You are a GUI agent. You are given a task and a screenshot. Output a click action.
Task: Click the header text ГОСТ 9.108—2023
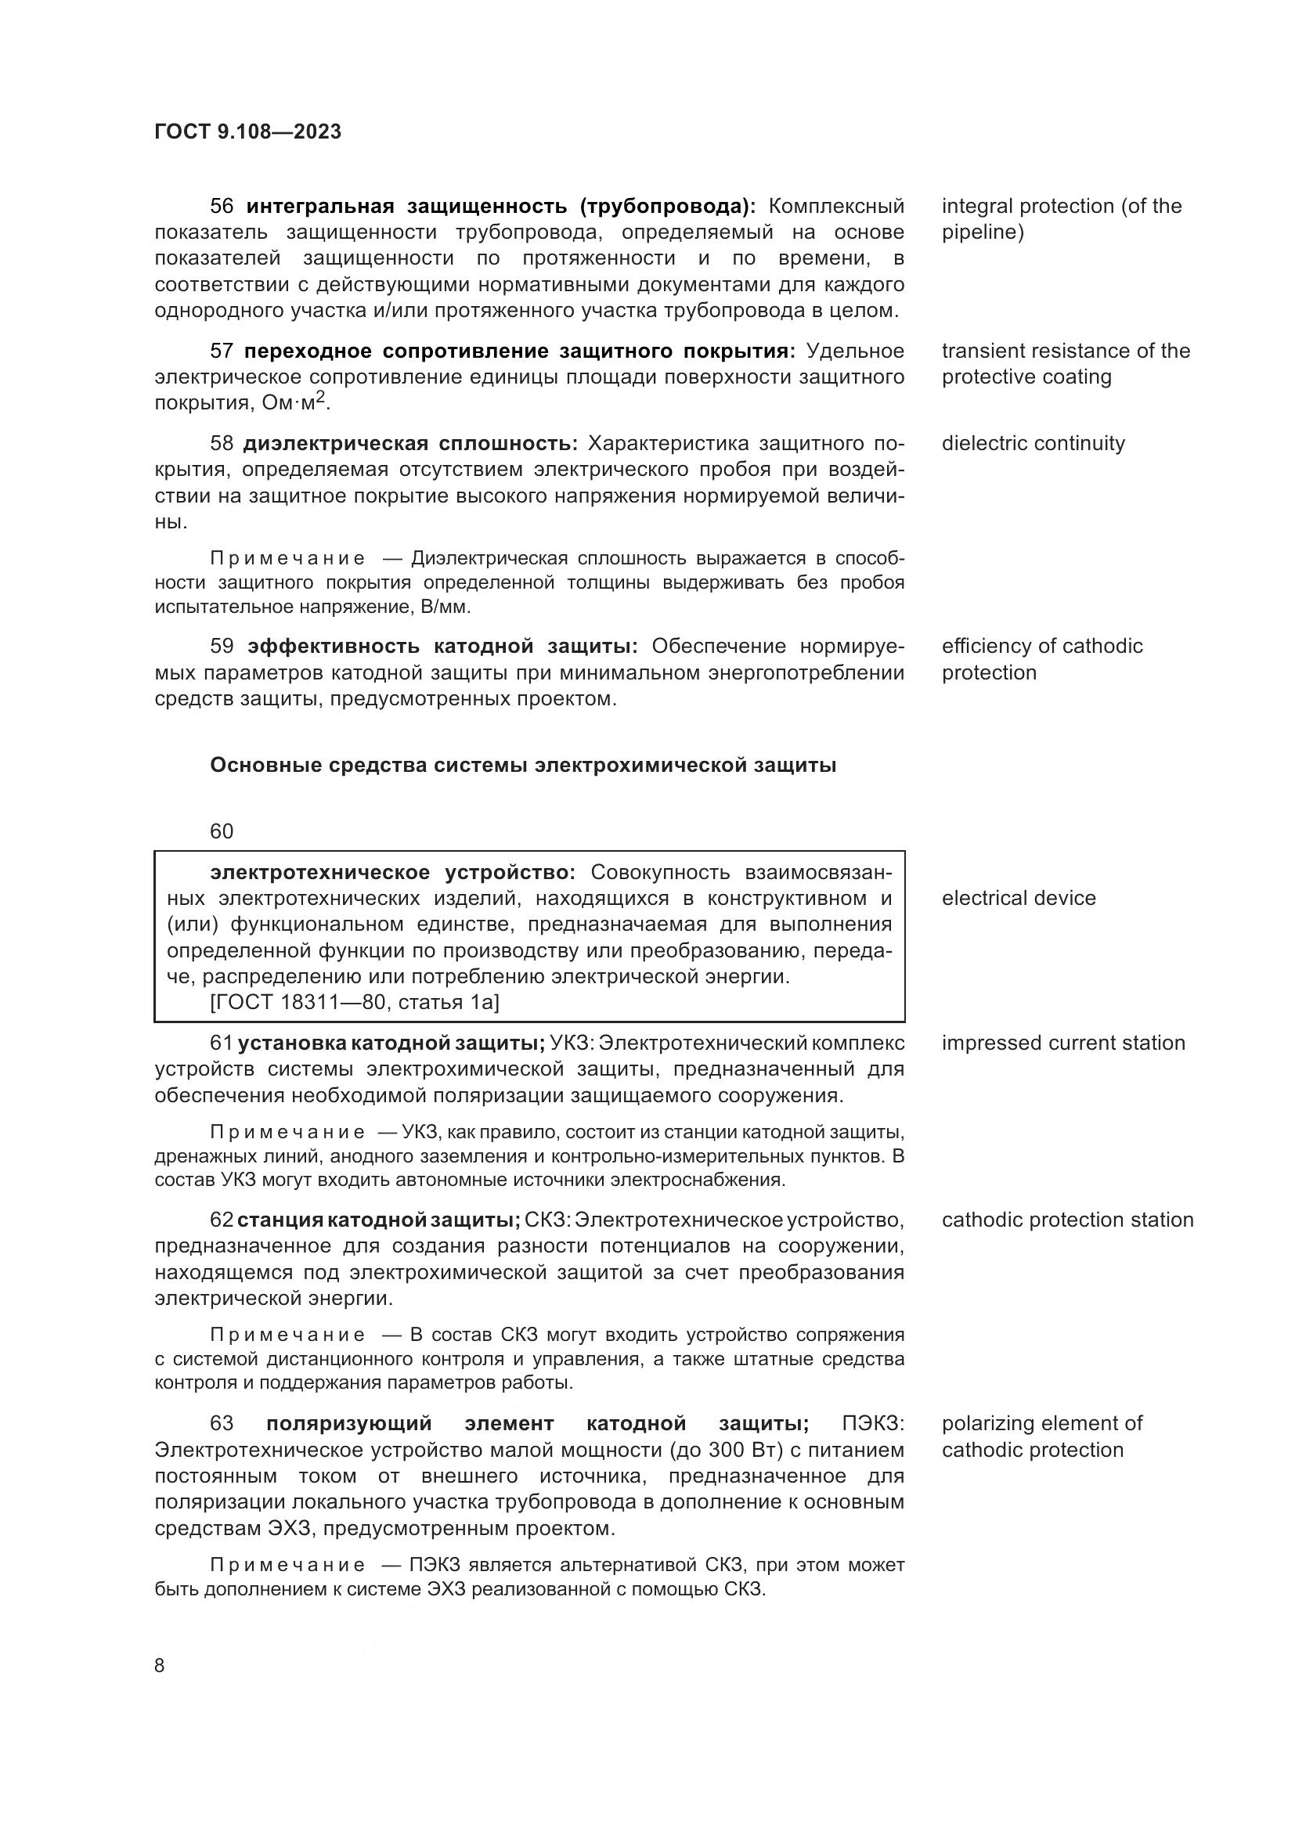(x=248, y=132)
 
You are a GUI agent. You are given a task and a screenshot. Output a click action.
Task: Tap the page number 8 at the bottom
(x=160, y=1665)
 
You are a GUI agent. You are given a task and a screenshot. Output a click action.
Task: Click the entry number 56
(x=222, y=207)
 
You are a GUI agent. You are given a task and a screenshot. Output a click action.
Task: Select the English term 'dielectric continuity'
(x=1033, y=443)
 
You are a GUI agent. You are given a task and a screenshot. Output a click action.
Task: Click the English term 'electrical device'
(x=1019, y=899)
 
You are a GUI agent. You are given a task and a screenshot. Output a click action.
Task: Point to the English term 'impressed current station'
(x=1063, y=1043)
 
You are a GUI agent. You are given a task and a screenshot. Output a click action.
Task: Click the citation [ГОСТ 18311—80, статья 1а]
(x=354, y=1003)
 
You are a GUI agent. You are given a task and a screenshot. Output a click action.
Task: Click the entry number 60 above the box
(x=222, y=832)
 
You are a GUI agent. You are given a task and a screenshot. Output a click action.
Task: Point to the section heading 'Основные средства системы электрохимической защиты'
(x=523, y=766)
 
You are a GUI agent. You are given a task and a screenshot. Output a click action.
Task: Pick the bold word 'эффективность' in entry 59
(x=335, y=646)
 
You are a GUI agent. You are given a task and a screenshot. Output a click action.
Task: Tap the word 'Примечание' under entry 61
(x=287, y=1133)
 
